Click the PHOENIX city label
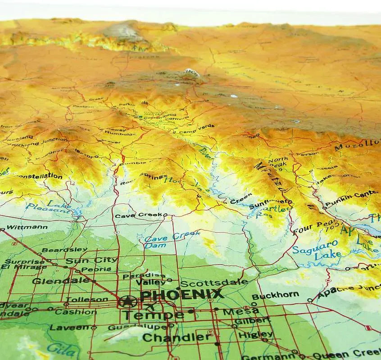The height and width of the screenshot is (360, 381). (181, 295)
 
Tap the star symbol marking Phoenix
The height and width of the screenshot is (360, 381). (128, 301)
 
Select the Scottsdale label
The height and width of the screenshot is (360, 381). (214, 283)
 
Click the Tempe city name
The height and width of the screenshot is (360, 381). (153, 315)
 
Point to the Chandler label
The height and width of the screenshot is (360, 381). (176, 337)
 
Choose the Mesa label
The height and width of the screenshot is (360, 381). (235, 311)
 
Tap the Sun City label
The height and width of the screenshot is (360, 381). (91, 260)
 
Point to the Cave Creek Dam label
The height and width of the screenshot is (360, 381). (166, 240)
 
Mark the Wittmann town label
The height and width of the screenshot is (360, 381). (27, 227)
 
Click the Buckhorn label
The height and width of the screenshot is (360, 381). (275, 296)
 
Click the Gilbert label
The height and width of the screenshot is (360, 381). (253, 320)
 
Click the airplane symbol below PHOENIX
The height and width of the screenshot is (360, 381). (150, 307)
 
